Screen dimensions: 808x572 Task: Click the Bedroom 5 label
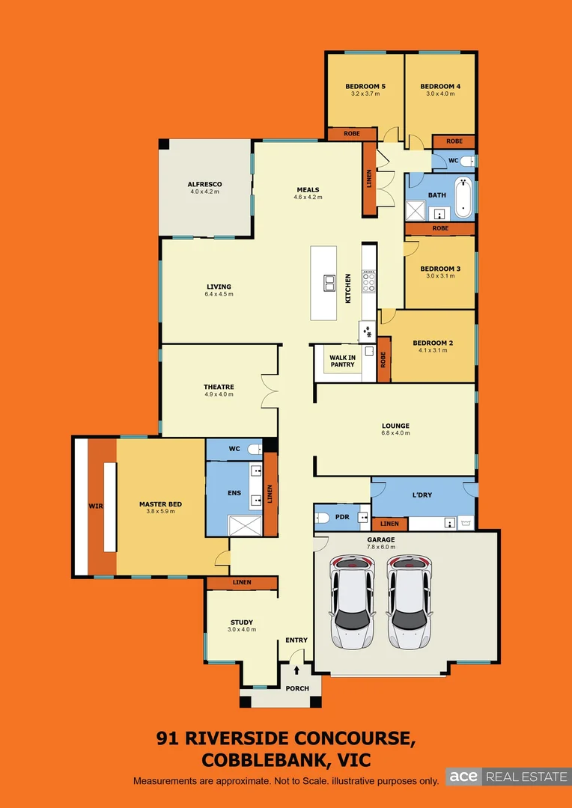[x=365, y=87]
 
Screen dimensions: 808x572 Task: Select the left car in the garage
[x=352, y=601]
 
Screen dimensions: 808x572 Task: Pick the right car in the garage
[x=409, y=601]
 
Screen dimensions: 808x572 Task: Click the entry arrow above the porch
[x=297, y=670]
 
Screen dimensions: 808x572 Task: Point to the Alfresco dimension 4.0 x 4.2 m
[x=204, y=192]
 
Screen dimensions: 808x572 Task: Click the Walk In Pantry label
[x=342, y=361]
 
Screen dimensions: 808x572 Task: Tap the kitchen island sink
[x=329, y=282]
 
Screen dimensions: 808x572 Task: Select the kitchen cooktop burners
[x=368, y=281]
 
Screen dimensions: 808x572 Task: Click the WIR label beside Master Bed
[x=96, y=506]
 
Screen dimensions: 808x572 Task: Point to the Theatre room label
[x=219, y=387]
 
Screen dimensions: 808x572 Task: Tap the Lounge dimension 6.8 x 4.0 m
[x=395, y=434]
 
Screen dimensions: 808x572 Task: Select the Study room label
[x=241, y=622]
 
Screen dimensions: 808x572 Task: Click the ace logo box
[x=463, y=777]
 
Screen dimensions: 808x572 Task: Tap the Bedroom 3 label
[x=439, y=269]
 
